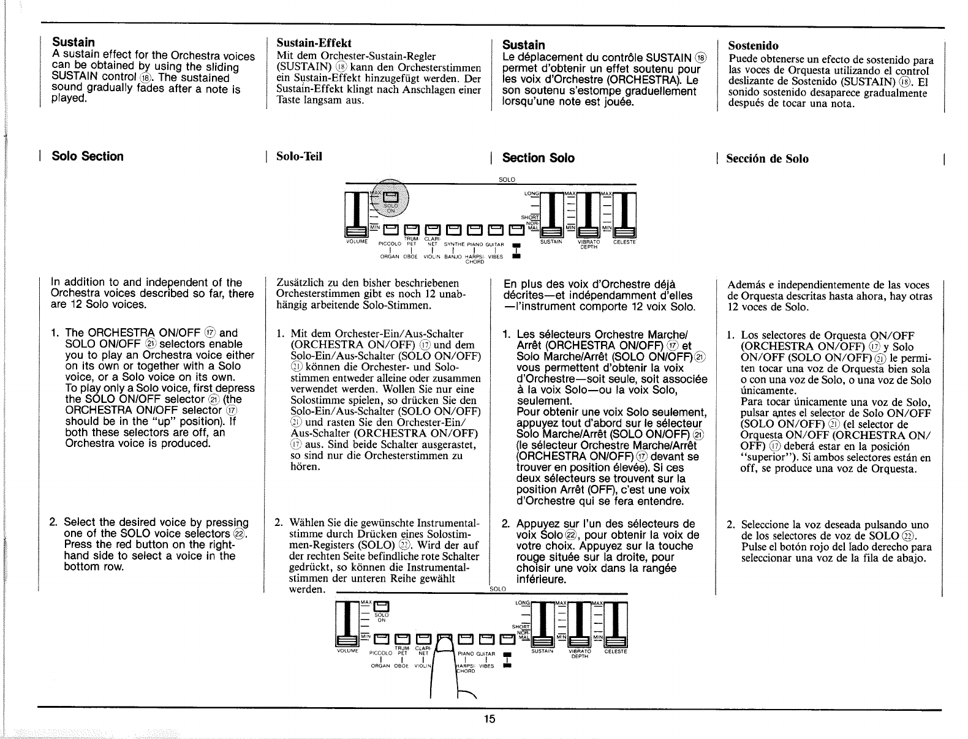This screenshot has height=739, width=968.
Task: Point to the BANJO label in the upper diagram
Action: [453, 257]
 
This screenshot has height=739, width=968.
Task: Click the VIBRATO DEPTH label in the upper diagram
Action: [589, 244]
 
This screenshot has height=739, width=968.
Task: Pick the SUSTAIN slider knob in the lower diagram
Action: [543, 641]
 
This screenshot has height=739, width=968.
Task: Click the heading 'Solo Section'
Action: [88, 156]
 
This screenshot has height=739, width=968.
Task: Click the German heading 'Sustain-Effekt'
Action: [314, 43]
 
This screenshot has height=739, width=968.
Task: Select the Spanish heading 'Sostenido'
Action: [752, 46]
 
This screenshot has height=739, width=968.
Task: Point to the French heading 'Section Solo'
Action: [538, 158]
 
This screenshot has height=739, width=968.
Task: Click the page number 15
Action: [488, 719]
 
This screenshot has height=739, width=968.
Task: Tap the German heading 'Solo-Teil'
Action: [300, 156]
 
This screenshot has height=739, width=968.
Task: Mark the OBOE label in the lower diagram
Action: [401, 665]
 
